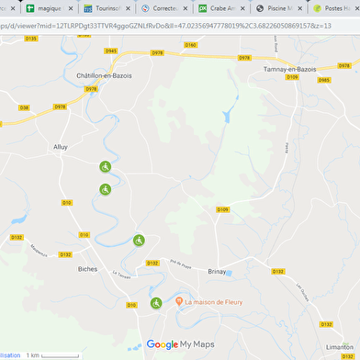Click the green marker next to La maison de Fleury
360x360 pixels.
pyautogui.click(x=155, y=303)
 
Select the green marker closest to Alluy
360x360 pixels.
pyautogui.click(x=106, y=166)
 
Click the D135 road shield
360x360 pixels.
pyautogui.click(x=32, y=39)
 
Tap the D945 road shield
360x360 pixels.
pyautogui.click(x=111, y=51)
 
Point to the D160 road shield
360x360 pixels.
pyautogui.click(x=190, y=44)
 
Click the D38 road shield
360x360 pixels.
pyautogui.click(x=24, y=107)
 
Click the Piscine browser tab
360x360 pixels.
pyautogui.click(x=278, y=7)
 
